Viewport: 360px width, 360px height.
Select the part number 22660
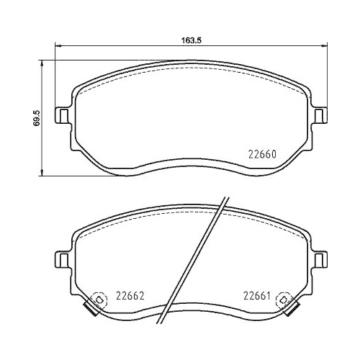click(x=263, y=153)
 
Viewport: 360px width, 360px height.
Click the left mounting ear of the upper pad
click(x=63, y=115)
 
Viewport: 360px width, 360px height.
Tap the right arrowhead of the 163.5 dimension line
click(x=323, y=48)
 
